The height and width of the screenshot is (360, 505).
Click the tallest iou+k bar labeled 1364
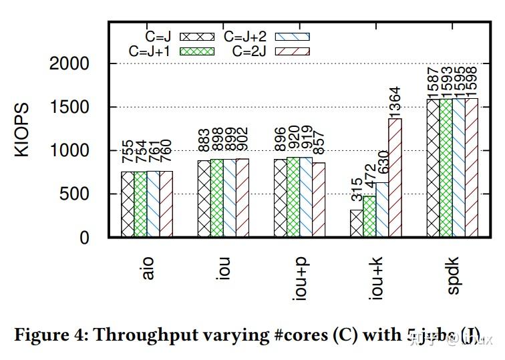(x=395, y=178)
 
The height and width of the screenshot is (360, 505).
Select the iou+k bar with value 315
(x=357, y=224)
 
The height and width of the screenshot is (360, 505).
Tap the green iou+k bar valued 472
(x=369, y=216)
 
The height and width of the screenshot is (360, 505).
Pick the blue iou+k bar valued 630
(x=382, y=210)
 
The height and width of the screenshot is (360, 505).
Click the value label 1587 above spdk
(x=434, y=81)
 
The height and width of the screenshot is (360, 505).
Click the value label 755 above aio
(x=128, y=152)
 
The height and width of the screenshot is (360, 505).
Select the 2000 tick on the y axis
(x=69, y=64)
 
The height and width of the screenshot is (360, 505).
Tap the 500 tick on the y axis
(x=75, y=194)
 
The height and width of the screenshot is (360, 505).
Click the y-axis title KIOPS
(x=22, y=130)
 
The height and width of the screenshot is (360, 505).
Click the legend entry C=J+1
(x=171, y=51)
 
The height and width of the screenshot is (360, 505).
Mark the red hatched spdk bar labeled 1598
(x=472, y=168)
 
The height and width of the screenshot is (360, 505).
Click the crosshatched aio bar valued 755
(x=128, y=204)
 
